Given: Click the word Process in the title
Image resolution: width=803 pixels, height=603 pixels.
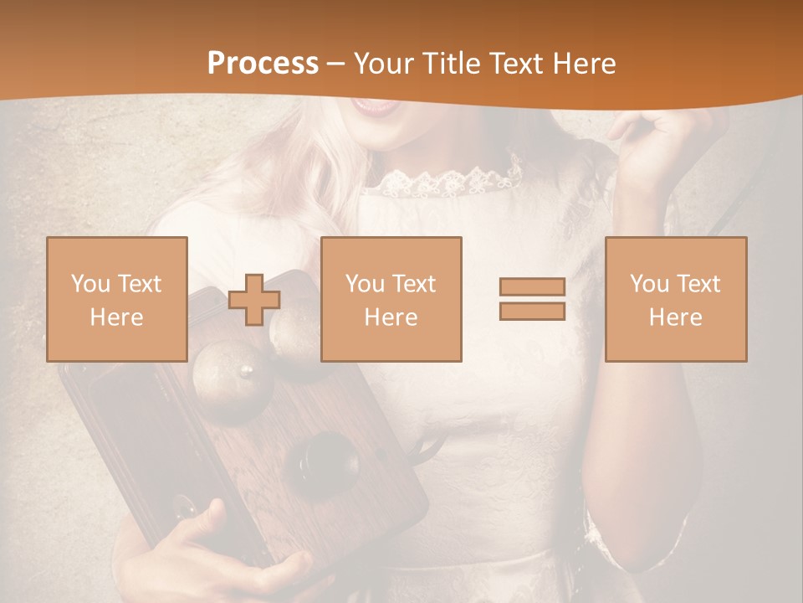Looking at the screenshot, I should pos(263,64).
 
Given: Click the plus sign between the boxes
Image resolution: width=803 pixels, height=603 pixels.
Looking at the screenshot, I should pos(254,300).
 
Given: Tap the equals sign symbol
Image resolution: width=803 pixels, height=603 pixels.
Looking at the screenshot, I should pos(532,299).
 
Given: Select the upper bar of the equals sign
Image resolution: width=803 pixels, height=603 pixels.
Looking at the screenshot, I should pos(532,287).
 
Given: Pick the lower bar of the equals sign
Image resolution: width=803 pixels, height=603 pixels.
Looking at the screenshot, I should pos(532,311).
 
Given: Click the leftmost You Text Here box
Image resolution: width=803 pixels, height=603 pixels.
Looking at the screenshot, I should pos(117,299).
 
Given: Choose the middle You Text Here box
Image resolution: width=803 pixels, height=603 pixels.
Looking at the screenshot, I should pos(391,299).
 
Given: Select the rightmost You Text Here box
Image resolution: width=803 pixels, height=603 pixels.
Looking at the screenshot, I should pos(676,299).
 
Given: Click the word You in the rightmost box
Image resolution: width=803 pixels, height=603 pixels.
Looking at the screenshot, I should pos(649,284).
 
